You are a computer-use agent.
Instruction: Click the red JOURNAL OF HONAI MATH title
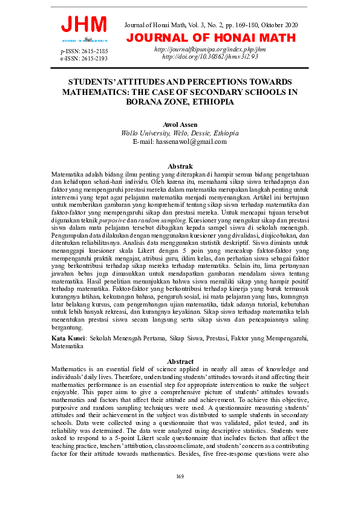211,38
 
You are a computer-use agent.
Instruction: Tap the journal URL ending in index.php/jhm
210,49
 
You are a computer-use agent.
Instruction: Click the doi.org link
210,56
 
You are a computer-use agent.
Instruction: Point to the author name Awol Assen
180,125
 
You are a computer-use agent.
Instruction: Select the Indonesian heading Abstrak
180,166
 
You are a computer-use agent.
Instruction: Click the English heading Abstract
180,360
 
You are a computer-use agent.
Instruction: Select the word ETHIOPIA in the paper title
212,102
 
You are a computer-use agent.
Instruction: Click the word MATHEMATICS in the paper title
93,92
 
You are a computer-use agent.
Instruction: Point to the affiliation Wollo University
146,133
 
